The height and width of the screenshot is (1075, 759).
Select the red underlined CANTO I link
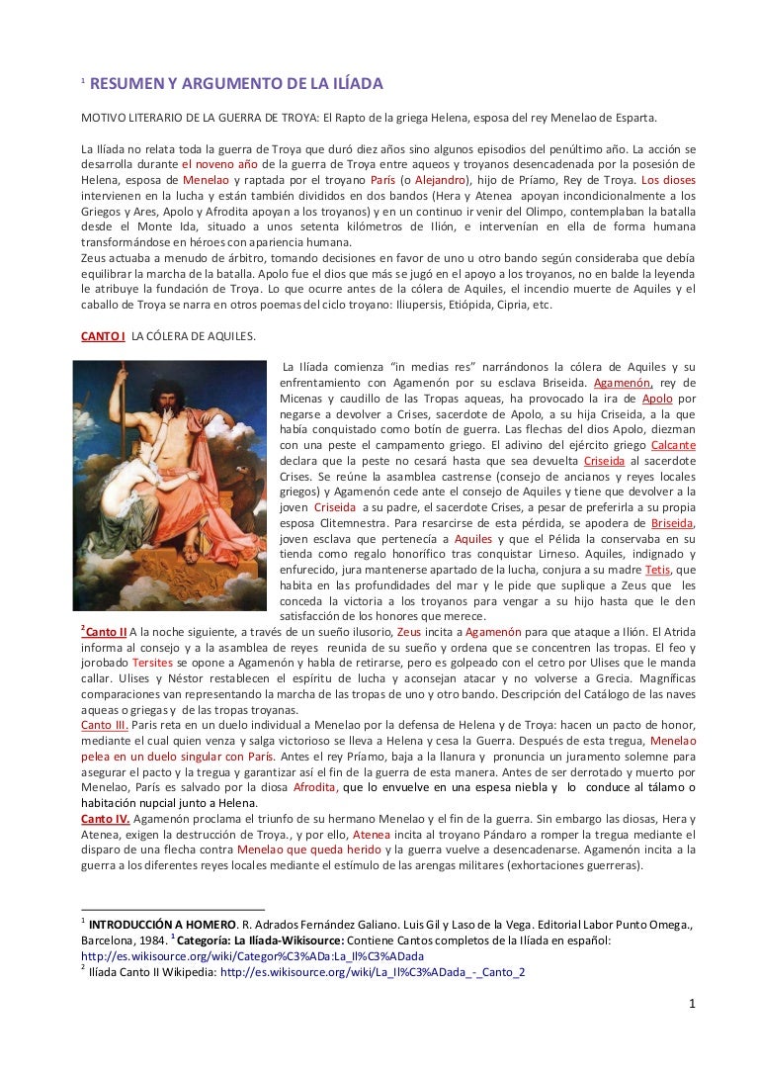[103, 336]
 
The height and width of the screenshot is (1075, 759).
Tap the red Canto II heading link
[108, 632]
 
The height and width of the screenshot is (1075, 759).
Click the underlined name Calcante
[674, 445]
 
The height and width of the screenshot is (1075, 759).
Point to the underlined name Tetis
[657, 571]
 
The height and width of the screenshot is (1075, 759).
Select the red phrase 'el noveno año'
[219, 164]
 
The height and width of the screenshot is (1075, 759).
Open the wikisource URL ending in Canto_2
[373, 972]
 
